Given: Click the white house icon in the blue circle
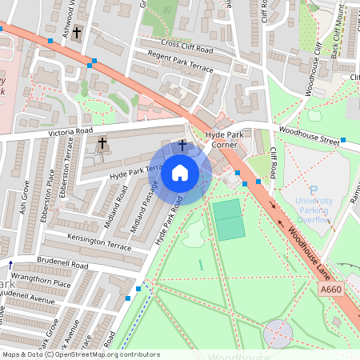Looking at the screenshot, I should click(x=180, y=172).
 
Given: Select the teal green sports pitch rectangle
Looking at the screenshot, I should click(x=229, y=219).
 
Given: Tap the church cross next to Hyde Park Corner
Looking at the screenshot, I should click(x=182, y=146).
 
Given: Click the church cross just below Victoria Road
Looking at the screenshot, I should click(x=102, y=144).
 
